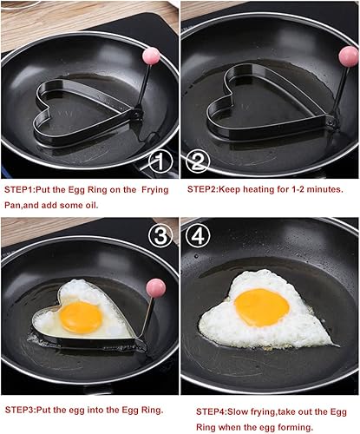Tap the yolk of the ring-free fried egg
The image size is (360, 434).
[261, 306]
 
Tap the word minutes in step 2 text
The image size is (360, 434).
[323, 188]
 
